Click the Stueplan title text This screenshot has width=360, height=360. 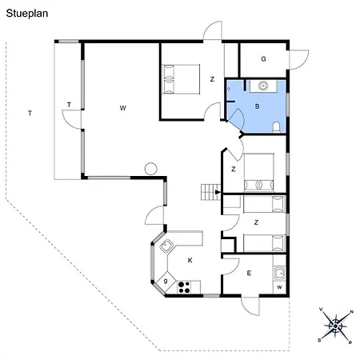(27, 14)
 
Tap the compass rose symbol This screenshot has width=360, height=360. (335, 326)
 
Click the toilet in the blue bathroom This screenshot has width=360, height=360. (276, 127)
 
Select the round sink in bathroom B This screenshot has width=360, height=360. (263, 86)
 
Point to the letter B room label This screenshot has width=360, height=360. (257, 106)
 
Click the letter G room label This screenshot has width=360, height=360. (263, 59)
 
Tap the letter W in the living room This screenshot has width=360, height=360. (122, 108)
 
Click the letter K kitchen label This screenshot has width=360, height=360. (190, 260)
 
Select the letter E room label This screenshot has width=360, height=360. (249, 273)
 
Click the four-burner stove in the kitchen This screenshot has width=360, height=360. (184, 287)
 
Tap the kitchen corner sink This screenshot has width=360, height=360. (166, 246)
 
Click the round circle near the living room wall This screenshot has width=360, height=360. (151, 169)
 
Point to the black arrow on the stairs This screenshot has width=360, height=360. (218, 192)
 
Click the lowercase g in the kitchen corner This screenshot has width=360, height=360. (166, 281)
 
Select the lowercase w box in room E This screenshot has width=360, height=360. (279, 287)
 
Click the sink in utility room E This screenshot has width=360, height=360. (279, 274)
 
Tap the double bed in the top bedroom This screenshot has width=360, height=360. (182, 79)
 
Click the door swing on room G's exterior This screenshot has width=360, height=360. (298, 60)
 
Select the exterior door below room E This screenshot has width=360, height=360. (250, 306)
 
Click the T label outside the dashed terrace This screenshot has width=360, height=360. (30, 114)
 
